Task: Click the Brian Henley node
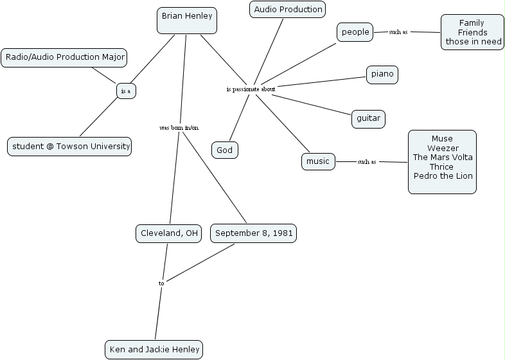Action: pos(186,20)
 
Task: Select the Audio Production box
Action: pos(287,10)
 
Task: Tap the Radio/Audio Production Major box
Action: pos(64,57)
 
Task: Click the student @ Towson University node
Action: pos(69,147)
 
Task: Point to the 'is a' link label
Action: pos(126,91)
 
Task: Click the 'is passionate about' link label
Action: pos(251,89)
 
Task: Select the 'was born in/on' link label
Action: pos(179,127)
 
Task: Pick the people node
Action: pos(355,32)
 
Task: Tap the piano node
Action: pos(382,75)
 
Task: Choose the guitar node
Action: pos(368,118)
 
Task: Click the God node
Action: pos(225,150)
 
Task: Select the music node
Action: pos(318,161)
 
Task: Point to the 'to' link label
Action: pos(161,283)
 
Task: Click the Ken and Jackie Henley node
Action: pos(154,350)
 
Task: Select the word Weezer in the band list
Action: pos(443,148)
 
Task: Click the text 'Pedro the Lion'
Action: pos(443,176)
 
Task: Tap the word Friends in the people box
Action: pos(472,33)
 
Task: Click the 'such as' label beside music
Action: pos(367,162)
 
